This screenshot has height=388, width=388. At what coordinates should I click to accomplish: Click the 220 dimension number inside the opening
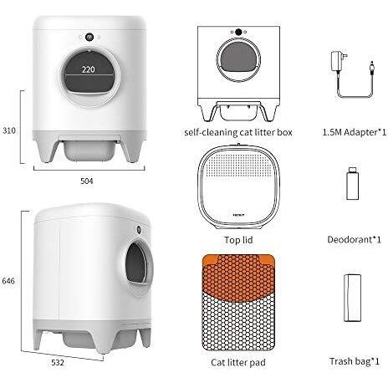click(x=88, y=69)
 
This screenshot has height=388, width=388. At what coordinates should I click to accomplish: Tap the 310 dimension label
click(x=9, y=130)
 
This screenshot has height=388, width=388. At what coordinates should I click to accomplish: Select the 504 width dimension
click(x=87, y=181)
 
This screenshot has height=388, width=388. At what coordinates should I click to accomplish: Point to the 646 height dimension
click(x=8, y=281)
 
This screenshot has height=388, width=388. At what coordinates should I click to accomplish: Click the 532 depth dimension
click(x=58, y=362)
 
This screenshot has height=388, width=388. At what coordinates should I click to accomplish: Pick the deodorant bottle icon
click(x=352, y=183)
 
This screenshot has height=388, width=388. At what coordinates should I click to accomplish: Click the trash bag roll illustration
click(x=352, y=298)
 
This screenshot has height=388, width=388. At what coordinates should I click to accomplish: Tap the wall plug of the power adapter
click(x=338, y=61)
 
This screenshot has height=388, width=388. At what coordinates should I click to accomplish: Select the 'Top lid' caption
click(x=238, y=240)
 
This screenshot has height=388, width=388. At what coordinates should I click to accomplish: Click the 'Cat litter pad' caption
click(x=238, y=362)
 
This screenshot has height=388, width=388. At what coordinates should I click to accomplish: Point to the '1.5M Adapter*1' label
click(x=355, y=132)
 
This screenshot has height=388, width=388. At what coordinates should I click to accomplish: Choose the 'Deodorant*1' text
click(x=354, y=239)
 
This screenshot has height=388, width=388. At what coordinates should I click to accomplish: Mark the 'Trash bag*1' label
click(x=355, y=361)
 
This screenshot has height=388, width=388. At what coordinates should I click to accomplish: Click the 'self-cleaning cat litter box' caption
click(x=238, y=132)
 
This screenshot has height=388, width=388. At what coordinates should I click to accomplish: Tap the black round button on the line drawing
click(x=238, y=32)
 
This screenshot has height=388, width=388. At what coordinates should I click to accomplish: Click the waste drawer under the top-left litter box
click(x=89, y=151)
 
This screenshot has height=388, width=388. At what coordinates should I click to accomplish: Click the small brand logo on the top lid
click(x=239, y=215)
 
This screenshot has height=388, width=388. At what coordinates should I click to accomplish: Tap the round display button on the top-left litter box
click(x=89, y=37)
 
